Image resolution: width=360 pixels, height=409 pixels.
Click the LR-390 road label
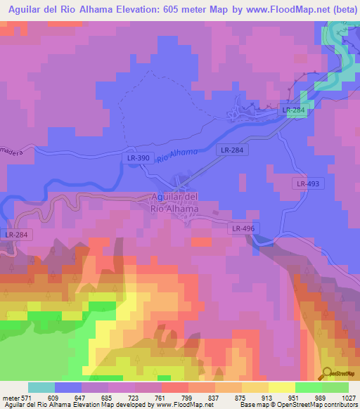[x=138, y=158]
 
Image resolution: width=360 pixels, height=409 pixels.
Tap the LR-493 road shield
[x=308, y=183]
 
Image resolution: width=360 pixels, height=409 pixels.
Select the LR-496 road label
[x=243, y=228]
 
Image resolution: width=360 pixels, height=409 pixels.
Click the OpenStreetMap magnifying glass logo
[x=328, y=372]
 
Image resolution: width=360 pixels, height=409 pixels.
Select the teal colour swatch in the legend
[x=41, y=387]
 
